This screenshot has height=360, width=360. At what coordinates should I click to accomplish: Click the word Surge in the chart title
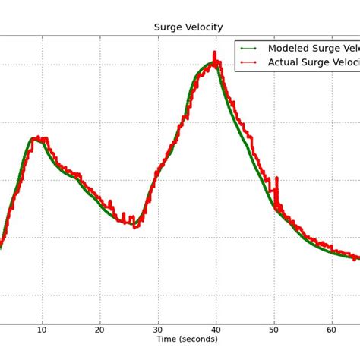pos(169,27)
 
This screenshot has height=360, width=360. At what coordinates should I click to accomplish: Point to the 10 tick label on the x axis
pos(43,330)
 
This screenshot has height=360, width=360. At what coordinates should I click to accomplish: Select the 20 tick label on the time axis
pos(100,330)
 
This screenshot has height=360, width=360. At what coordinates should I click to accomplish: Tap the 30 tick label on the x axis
pos(158,330)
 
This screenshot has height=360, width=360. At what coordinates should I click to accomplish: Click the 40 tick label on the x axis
pos(216,330)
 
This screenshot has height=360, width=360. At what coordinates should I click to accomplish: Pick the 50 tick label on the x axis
pos(274,330)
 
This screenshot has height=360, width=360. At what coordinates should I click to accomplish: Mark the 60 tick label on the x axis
pos(332,330)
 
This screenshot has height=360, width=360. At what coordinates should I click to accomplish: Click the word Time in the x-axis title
pos(169,339)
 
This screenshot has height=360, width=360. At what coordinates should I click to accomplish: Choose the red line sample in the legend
pos(248,63)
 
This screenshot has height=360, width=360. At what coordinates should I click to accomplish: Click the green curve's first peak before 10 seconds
pos(33,138)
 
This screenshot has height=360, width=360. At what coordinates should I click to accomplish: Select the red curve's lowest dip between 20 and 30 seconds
pos(135,226)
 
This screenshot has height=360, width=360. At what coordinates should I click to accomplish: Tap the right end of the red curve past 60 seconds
pos(355,258)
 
